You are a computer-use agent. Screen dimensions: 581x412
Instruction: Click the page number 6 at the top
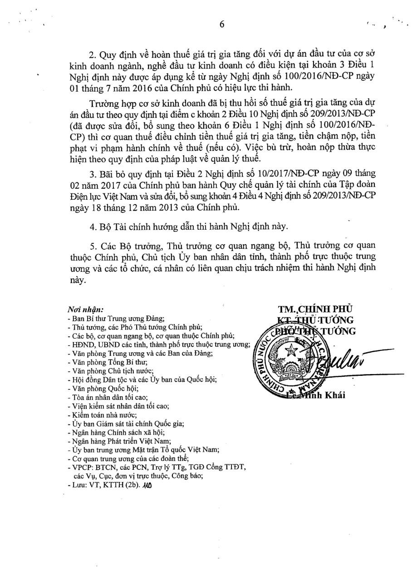coord(222,25)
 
